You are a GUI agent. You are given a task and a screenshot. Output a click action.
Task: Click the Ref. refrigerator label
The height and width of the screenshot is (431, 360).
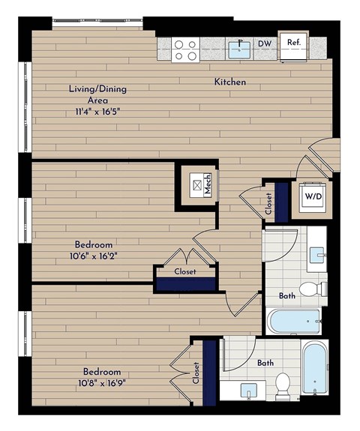pos(293,43)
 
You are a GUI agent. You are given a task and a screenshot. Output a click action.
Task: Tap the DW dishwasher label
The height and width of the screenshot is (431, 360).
pos(264,44)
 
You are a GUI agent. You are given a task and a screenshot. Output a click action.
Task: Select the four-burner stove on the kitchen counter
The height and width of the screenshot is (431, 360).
pos(185,49)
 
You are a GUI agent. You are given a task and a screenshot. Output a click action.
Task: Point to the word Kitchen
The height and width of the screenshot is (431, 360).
pos(230,82)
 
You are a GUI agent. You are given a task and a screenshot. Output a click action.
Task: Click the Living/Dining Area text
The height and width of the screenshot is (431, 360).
pos(97,94)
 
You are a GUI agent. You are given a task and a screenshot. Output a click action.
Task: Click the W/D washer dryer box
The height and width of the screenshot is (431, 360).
pos(311,196)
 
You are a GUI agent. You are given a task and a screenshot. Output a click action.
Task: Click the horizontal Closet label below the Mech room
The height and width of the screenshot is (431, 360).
pos(185,271)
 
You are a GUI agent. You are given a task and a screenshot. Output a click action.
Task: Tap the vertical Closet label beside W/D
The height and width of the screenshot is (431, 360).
pos(268,205)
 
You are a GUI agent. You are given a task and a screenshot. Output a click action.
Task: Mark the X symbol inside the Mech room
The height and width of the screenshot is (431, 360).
pos(197,184)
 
